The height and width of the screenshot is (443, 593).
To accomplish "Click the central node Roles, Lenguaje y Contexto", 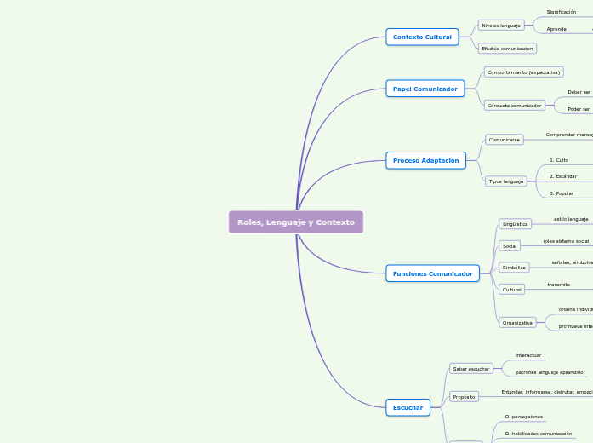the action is tap(296, 222).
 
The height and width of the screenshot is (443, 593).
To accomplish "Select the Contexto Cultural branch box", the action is tap(422, 37).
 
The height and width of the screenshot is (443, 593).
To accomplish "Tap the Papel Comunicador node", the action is tap(425, 89).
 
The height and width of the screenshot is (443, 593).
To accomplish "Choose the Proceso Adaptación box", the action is tap(425, 160).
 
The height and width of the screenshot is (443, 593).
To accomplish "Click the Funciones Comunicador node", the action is tap(432, 273).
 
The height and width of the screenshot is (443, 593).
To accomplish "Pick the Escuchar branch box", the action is tap(408, 407).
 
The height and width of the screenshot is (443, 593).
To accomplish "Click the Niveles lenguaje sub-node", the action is tap(501, 26).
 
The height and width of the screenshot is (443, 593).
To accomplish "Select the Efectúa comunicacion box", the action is tap(507, 49).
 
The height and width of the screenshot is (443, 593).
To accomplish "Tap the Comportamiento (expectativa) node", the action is tap(523, 72).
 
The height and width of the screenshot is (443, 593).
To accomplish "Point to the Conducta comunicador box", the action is tap(514, 106).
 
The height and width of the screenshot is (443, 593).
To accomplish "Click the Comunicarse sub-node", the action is tap(504, 139).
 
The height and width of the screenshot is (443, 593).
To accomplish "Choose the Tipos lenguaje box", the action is tap(506, 181).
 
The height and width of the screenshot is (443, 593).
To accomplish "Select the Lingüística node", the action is tap(515, 224).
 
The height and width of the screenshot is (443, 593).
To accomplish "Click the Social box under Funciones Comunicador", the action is tap(510, 246).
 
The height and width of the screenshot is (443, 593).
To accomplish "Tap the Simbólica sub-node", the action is tap(514, 268).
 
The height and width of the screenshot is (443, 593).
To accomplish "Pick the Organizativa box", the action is tap(517, 323).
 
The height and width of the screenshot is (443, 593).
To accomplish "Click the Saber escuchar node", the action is tap(471, 369).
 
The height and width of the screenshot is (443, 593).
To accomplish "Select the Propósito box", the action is tap(464, 397).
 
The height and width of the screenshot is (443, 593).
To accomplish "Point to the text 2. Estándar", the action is tap(563, 176).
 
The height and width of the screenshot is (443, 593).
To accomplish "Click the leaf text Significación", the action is tap(562, 12).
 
